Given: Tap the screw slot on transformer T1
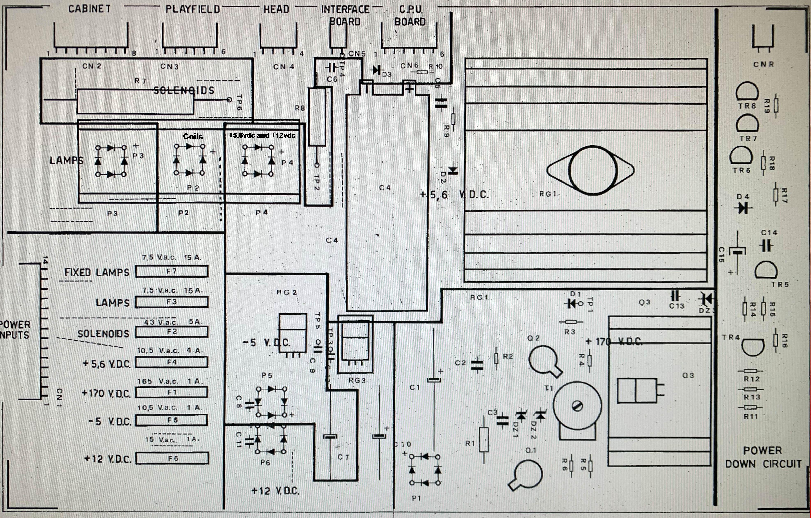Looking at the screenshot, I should (577, 406).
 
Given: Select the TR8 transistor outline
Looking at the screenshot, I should (747, 92).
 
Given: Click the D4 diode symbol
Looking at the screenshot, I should (743, 207).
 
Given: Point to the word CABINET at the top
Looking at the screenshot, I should (89, 9).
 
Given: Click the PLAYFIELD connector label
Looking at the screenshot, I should (193, 9).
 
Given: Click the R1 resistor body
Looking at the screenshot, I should (484, 439).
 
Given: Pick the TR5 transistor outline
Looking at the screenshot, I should (766, 271).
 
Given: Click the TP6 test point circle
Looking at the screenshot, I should (229, 100).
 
